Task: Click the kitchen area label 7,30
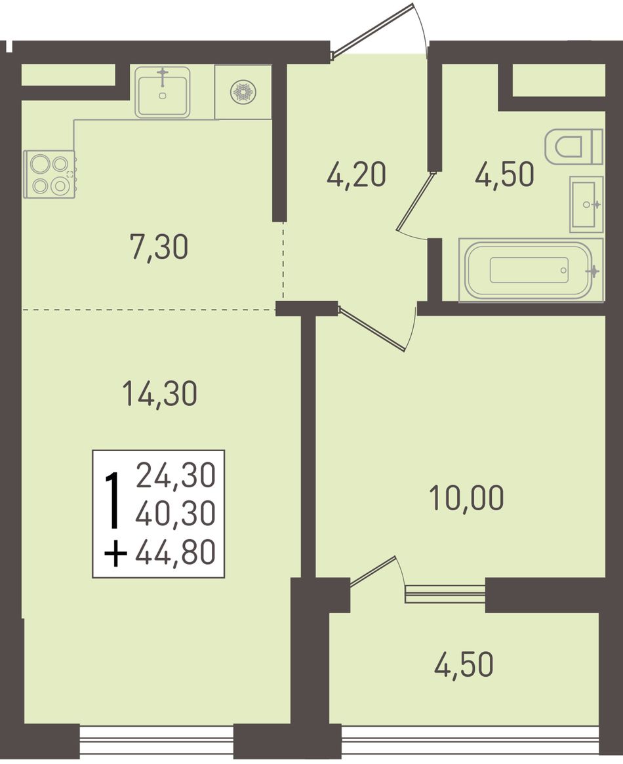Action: coord(159,247)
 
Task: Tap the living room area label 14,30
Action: coord(159,393)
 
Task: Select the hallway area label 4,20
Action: coord(357,174)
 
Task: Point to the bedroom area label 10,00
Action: coord(466,498)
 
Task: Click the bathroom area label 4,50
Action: coord(505,174)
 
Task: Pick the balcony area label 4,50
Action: coord(464,664)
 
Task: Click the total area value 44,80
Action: coord(175,553)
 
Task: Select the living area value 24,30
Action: coord(175,475)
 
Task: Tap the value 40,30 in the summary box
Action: coord(175,514)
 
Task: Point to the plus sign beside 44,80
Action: coord(116,555)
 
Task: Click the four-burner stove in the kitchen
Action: coord(49,174)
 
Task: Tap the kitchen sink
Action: coord(162,92)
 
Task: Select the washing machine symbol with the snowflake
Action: coord(243,92)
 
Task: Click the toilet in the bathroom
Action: coord(574,147)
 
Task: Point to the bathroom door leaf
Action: coord(415,201)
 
